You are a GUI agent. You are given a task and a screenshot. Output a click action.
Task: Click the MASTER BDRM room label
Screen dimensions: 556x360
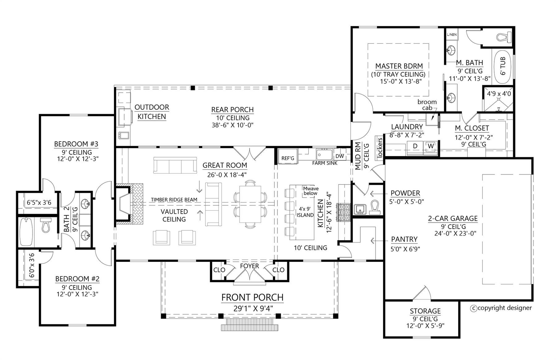[x=399, y=66]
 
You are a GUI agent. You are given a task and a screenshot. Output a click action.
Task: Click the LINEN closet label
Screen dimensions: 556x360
[x=452, y=35]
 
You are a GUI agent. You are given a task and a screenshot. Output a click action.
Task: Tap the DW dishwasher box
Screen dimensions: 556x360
[x=340, y=156]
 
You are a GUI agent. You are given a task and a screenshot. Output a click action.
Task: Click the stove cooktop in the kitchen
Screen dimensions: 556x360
[x=343, y=212]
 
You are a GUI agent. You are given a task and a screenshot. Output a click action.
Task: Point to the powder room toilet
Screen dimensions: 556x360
[x=374, y=208]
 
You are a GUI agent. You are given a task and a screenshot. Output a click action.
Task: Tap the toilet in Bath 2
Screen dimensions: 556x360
[x=46, y=225]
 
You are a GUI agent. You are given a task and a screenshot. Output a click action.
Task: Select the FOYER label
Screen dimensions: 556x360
[x=250, y=266]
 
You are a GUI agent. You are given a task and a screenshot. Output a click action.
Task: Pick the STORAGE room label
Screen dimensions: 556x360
[x=425, y=311]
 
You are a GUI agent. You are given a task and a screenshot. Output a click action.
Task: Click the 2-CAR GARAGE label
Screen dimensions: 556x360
[x=453, y=219]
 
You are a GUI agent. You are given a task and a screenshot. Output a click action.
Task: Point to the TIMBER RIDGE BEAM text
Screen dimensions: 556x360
[x=174, y=200]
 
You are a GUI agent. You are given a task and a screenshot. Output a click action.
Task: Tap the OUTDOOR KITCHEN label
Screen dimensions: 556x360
[x=152, y=112]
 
